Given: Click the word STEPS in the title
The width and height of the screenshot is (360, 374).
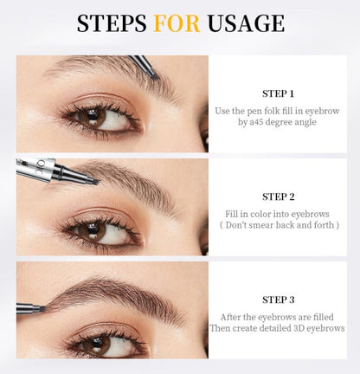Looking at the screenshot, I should click(110, 23).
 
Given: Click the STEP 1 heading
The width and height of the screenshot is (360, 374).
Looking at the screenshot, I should click(278, 93).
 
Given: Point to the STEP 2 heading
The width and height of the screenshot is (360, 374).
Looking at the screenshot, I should click(278, 197).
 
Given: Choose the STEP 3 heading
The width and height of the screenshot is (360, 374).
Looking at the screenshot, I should click(278, 300).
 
